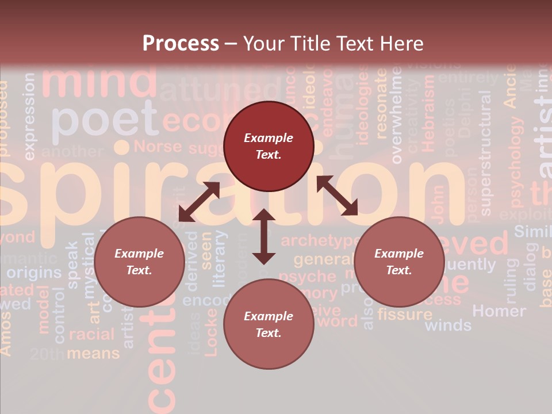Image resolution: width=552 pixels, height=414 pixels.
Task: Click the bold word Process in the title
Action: [181, 43]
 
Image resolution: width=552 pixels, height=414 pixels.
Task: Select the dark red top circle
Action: [269, 146]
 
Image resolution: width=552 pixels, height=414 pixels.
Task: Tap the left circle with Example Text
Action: [139, 262]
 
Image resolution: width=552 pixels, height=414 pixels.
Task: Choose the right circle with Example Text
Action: [399, 262]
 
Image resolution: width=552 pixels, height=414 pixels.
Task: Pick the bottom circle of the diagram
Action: [269, 324]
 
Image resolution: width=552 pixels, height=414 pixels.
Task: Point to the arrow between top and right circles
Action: [338, 195]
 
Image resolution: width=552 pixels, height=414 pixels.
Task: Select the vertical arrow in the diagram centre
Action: [264, 236]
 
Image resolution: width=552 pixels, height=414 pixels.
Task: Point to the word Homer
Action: [499, 311]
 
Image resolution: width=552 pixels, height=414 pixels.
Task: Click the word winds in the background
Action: [448, 325]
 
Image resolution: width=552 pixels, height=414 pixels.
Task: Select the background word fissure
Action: [405, 314]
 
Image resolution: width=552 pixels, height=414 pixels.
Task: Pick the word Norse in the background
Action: [158, 146]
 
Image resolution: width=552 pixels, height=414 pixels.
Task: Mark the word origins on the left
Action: [34, 272]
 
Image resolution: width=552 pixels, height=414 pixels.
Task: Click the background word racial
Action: [91, 334]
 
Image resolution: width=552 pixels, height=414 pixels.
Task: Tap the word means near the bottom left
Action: [93, 353]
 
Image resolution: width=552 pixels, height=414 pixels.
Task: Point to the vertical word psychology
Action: [517, 162]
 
